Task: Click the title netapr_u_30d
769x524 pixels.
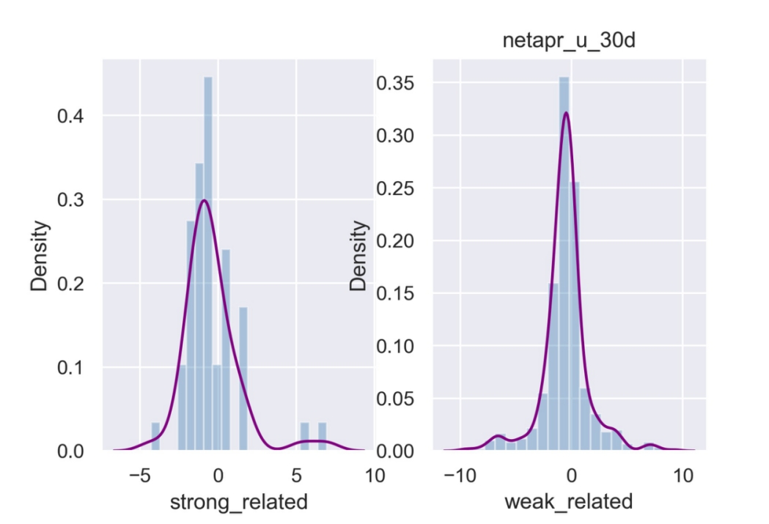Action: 569,41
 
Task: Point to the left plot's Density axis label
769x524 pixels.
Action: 41,256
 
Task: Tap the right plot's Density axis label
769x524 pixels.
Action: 358,256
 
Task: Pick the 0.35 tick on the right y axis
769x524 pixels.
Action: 395,83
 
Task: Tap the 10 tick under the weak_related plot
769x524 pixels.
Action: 683,476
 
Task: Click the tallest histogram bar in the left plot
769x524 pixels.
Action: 208,264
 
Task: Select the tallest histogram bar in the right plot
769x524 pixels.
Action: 564,264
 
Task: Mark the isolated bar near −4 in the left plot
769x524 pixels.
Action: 155,436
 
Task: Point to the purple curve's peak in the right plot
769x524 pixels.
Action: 565,113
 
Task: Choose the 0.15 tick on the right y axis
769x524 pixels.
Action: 395,293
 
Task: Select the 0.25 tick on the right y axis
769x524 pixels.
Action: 395,188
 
